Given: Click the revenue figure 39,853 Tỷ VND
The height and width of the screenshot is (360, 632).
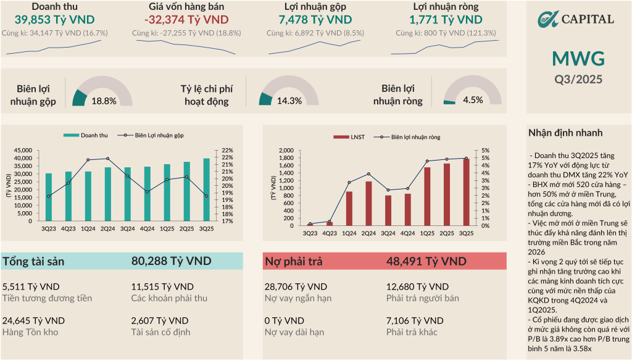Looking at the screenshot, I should [x=50, y=20].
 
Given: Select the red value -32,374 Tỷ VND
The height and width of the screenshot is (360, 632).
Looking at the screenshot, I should [x=182, y=20].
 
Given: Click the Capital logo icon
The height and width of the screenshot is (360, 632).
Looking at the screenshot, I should [x=547, y=19].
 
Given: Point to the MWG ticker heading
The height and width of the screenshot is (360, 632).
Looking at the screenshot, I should [x=578, y=59].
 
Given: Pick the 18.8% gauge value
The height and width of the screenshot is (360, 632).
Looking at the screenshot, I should [x=104, y=101].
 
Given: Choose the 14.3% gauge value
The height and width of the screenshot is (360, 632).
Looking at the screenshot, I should [x=289, y=101].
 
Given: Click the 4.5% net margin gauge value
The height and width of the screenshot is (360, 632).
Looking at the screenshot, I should [x=473, y=101].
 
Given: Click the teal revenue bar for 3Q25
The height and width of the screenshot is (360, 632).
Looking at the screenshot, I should [x=207, y=190].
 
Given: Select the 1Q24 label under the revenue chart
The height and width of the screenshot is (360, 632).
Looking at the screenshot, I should [x=88, y=229].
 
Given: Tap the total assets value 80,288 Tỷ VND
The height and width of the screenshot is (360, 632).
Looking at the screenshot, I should [x=171, y=261].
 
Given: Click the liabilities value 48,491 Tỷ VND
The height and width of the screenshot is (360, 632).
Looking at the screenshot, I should [x=426, y=261].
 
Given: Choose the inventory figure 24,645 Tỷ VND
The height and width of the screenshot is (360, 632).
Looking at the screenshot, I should [x=33, y=320].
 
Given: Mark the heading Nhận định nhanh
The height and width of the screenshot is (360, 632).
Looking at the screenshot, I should [x=565, y=133].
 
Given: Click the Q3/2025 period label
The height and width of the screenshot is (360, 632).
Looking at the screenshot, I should [x=578, y=79].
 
